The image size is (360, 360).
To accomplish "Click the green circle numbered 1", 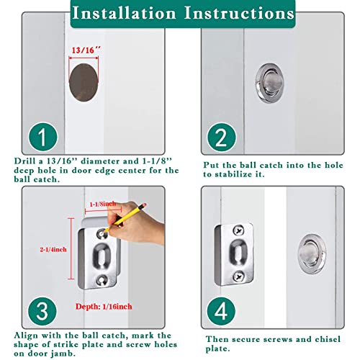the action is click(x=43, y=137).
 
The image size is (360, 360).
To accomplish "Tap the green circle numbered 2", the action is click(x=222, y=138).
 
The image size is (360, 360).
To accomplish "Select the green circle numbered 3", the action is click(x=42, y=311).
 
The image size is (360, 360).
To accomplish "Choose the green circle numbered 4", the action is click(x=221, y=311).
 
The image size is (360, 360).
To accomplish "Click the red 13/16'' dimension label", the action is click(x=86, y=50).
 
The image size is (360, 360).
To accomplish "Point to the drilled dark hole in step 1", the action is click(x=84, y=82).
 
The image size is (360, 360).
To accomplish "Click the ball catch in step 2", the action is click(x=269, y=83).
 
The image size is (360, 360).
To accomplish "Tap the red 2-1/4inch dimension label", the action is click(x=53, y=250).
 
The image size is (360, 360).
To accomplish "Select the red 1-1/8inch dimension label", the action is click(x=103, y=204).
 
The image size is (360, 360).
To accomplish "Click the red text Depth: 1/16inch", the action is click(x=104, y=307).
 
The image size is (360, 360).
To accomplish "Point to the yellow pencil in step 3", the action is click(x=125, y=217).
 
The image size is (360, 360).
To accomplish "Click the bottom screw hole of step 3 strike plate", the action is click(x=102, y=280).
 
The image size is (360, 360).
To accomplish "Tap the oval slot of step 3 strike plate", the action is click(x=101, y=256).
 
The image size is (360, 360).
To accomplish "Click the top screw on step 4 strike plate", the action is click(x=238, y=230).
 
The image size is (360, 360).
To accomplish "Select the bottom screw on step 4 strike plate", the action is click(x=239, y=276).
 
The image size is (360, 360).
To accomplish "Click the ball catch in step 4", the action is click(x=312, y=254).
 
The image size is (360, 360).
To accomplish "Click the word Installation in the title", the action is click(x=124, y=13).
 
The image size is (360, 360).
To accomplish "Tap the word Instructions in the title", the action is click(x=239, y=13).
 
